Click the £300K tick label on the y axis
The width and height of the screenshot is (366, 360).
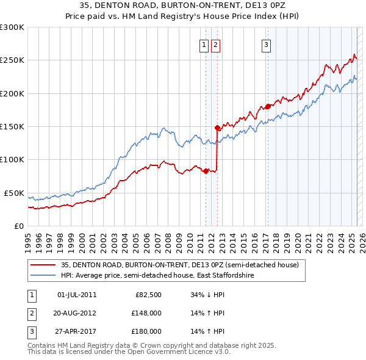12,27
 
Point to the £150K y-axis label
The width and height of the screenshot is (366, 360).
12,126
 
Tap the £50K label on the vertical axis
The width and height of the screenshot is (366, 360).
14,193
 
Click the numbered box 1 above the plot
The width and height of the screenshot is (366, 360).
205,44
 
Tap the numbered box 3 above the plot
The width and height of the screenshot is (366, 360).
267,44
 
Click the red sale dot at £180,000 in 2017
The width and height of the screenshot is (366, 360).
268,107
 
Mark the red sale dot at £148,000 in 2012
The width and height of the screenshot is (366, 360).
217,128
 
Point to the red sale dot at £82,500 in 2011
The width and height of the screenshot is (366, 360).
206,171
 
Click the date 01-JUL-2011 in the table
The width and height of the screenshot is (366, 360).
76,295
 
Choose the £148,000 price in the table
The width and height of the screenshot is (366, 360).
146,313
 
